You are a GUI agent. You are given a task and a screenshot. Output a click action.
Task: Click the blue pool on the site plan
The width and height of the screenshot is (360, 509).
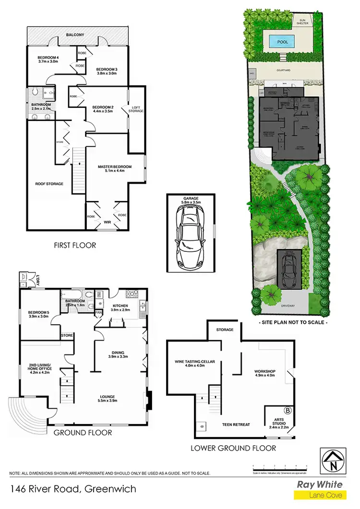tap(283, 42)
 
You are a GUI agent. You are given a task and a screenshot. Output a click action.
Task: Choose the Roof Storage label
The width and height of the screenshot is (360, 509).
tap(49, 183)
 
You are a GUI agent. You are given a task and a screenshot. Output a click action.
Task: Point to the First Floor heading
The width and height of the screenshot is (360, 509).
tap(75, 245)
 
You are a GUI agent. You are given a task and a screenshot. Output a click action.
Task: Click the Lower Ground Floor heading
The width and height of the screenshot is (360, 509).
tap(233, 448)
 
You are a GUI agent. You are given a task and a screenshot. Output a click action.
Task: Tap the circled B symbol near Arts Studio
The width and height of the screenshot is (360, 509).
tap(288, 411)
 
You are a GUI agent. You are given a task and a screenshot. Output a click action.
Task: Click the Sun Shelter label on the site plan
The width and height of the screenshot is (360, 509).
tap(302, 21)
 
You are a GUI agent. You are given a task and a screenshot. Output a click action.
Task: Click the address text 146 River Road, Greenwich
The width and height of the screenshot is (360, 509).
tap(73, 489)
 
